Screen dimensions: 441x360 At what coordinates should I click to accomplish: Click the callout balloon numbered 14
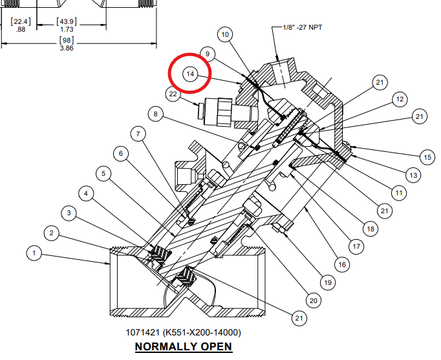click(x=190, y=74)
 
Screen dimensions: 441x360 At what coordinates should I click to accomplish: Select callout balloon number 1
click(x=34, y=253)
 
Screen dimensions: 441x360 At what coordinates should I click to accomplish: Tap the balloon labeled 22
click(x=173, y=94)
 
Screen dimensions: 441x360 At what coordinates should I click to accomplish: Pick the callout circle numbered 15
click(x=427, y=157)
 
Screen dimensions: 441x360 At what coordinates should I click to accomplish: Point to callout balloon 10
click(x=225, y=34)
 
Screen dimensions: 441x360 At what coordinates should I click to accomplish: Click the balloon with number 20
click(x=314, y=301)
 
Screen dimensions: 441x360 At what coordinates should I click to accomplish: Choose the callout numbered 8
click(x=156, y=114)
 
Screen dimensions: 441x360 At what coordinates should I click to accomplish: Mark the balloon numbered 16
click(x=342, y=264)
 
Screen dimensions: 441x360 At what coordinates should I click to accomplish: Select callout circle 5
click(x=103, y=173)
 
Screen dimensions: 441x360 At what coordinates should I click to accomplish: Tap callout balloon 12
click(x=400, y=99)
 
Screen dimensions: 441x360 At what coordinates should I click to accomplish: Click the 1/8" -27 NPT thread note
click(x=303, y=27)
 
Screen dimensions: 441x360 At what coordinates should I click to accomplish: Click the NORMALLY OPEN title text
click(x=184, y=346)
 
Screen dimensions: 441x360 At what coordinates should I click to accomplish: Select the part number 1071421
click(x=142, y=332)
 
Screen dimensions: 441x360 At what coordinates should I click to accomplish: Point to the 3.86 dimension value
click(x=67, y=48)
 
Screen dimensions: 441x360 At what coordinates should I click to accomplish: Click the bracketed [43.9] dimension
click(x=67, y=21)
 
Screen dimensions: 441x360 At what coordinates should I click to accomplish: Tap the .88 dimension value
click(x=21, y=29)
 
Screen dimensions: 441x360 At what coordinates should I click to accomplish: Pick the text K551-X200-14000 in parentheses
click(x=202, y=332)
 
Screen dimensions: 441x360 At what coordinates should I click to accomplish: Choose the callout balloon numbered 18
click(x=371, y=229)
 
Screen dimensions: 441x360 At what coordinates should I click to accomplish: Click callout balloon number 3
click(x=69, y=213)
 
